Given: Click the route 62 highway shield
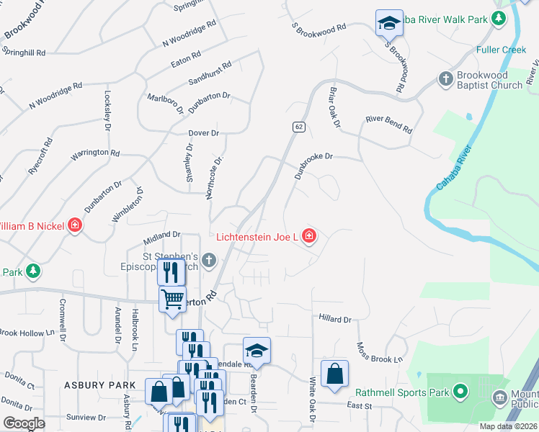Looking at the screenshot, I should click(298, 127).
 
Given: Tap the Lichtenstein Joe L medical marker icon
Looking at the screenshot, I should click(309, 236).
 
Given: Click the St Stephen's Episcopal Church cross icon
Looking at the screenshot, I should click(209, 260).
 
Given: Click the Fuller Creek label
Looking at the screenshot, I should click(502, 50).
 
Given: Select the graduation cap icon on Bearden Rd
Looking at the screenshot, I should click(257, 351).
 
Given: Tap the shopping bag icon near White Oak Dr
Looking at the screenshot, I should click(334, 374).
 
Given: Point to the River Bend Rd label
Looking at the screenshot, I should click(388, 125).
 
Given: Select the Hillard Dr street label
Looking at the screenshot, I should click(334, 319).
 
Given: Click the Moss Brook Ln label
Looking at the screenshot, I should click(379, 352).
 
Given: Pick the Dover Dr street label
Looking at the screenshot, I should click(203, 133).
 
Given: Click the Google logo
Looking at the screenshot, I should click(24, 423).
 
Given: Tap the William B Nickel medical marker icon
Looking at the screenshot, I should click(75, 226).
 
